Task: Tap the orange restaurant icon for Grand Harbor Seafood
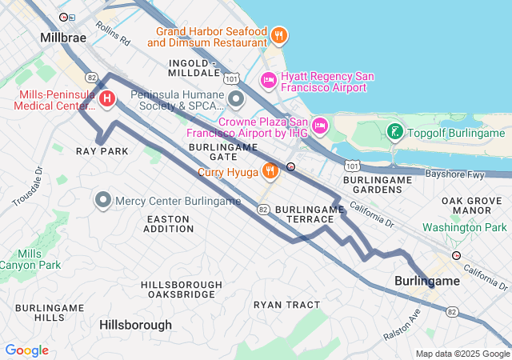coord(279,34)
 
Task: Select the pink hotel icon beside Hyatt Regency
coord(269,80)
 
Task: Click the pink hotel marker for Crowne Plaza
coord(319,125)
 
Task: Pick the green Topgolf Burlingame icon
coord(394,132)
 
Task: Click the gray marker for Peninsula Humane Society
coord(236,99)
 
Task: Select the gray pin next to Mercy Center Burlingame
coord(102,200)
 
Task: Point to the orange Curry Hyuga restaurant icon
coord(271,170)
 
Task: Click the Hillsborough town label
coord(135,325)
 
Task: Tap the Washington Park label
coord(464,227)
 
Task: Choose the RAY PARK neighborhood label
coord(102,151)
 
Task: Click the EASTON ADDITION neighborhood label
coord(169,223)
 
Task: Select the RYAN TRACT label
coord(286,305)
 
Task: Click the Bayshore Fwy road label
coord(455,173)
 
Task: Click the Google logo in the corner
coord(27,350)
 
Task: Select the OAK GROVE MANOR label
coord(470,205)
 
